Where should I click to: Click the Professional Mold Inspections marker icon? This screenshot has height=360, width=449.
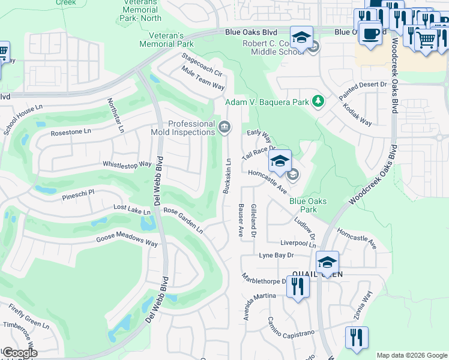click(x=224, y=127)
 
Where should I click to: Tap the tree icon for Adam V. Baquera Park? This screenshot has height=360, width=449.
click(x=318, y=101)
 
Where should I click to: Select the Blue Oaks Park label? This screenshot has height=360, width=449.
click(x=308, y=206)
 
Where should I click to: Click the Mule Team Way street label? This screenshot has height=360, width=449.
click(x=203, y=78)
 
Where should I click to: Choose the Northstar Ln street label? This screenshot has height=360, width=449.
click(x=116, y=115)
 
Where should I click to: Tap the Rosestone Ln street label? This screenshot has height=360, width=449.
click(x=70, y=132)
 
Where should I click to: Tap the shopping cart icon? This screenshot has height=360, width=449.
click(x=426, y=40)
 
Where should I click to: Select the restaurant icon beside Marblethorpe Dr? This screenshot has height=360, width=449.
click(x=297, y=286)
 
